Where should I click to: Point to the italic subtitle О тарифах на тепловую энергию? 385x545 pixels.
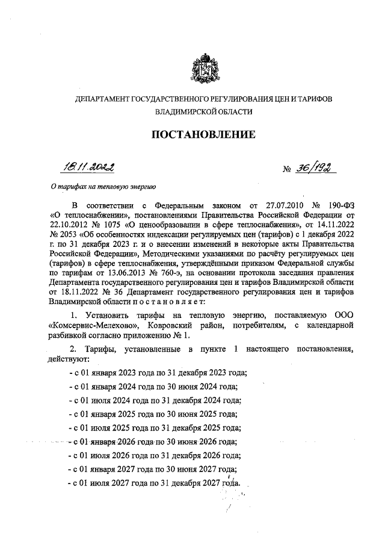point(103,187)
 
